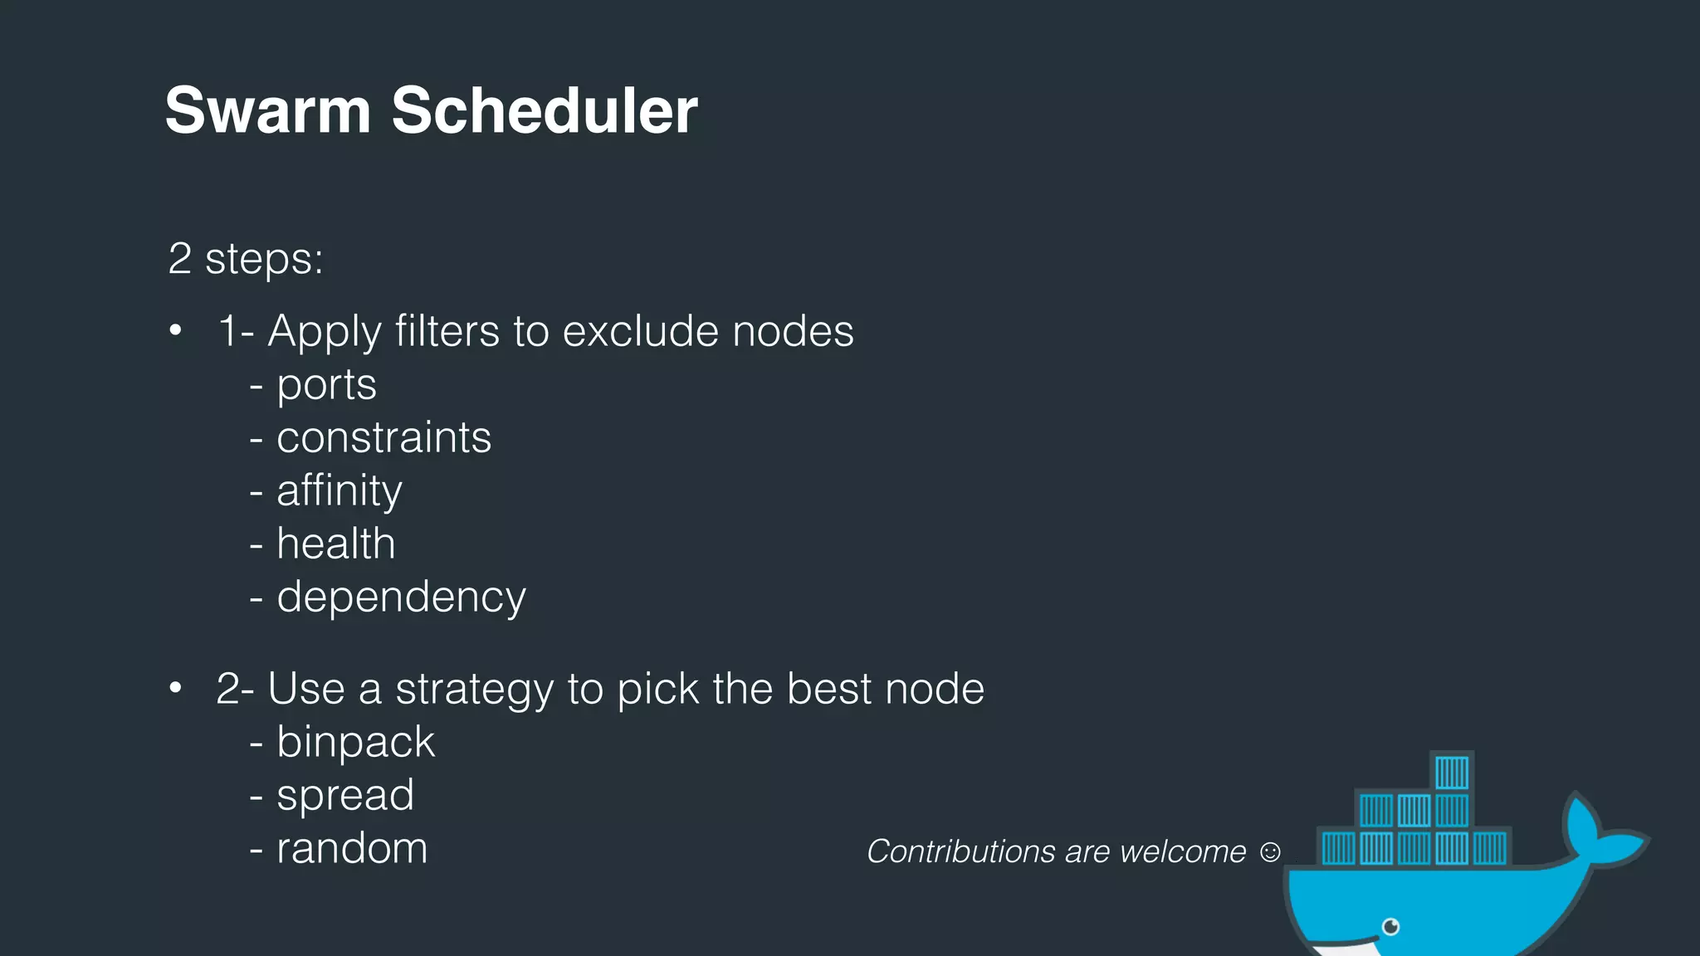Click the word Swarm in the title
tap(267, 110)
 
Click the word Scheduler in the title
tap(544, 110)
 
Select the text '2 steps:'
tap(245, 259)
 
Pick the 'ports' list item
tap(326, 385)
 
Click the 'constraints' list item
tap(383, 438)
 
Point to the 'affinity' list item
tap(339, 491)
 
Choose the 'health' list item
tap(335, 544)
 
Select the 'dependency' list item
tap(401, 597)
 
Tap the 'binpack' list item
tap(355, 742)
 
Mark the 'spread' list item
tap(344, 795)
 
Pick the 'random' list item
tap(352, 848)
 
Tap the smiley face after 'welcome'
tap(1270, 851)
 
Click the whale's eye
tap(1391, 926)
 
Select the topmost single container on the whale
tap(1452, 772)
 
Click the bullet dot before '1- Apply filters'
tap(175, 331)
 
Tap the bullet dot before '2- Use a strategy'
tap(175, 689)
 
